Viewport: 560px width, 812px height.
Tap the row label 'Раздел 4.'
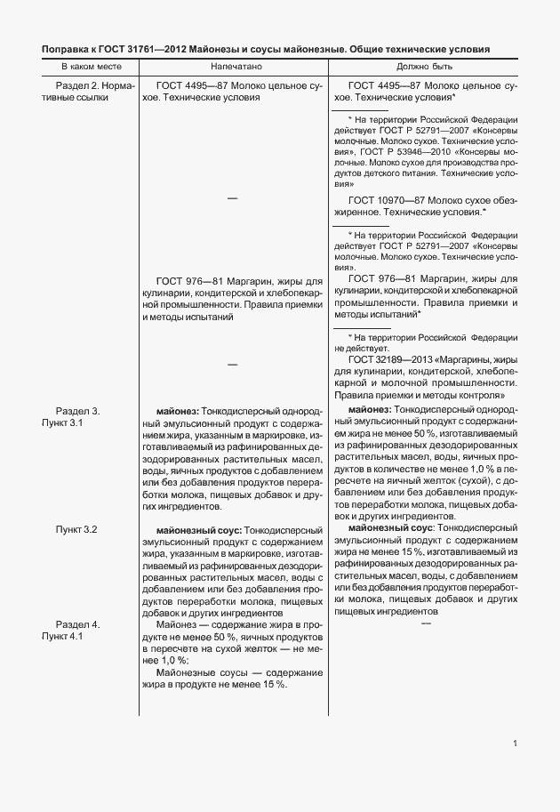point(78,624)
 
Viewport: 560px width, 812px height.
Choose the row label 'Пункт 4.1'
point(62,636)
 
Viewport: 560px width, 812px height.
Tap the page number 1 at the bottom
point(515,744)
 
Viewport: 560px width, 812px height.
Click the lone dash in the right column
point(425,624)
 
